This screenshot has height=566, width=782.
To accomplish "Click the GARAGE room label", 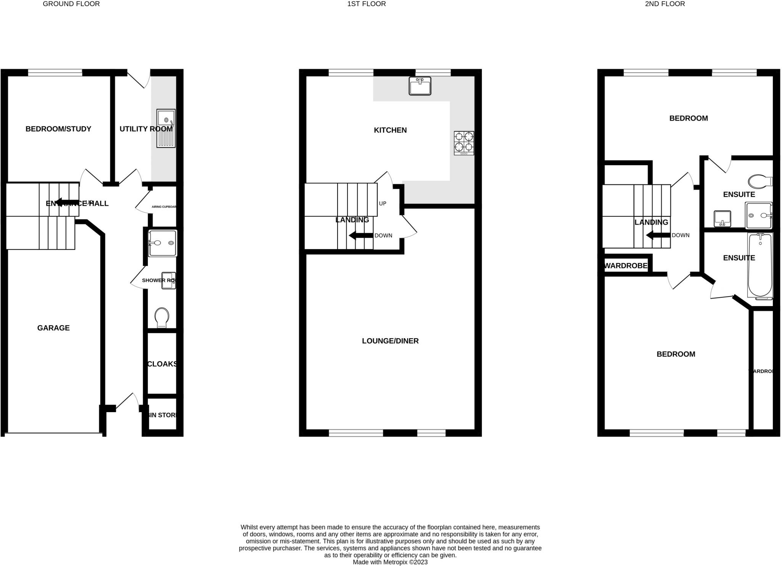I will [x=53, y=328].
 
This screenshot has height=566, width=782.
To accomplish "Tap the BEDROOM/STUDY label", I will [x=58, y=129].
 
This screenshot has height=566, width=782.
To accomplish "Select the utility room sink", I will [x=166, y=128].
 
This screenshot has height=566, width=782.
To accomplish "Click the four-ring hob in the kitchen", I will [x=464, y=143].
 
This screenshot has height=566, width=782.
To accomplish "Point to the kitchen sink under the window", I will [x=420, y=86].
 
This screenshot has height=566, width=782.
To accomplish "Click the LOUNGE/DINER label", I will [x=390, y=341].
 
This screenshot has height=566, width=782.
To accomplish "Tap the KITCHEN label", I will [x=390, y=130].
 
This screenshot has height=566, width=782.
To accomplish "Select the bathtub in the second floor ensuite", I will [x=760, y=265].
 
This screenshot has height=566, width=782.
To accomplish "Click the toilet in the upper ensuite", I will [x=760, y=181].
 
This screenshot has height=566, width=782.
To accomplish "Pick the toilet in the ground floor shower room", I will [x=162, y=318].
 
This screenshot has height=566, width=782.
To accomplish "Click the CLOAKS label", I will [x=162, y=364].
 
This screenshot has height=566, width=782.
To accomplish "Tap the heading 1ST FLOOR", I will [x=367, y=4].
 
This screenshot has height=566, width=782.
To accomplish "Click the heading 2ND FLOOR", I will [x=665, y=4].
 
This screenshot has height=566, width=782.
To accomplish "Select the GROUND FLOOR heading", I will [x=71, y=4].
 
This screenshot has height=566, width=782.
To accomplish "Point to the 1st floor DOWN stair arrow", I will [x=361, y=235].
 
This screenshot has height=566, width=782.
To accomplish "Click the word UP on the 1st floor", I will [x=383, y=203].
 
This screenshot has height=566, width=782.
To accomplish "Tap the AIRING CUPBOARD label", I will [x=164, y=207].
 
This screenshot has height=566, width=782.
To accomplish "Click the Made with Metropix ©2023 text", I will [x=390, y=562].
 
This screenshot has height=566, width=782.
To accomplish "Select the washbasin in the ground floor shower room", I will [x=168, y=280].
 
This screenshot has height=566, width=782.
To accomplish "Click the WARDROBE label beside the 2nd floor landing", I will [x=626, y=266].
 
